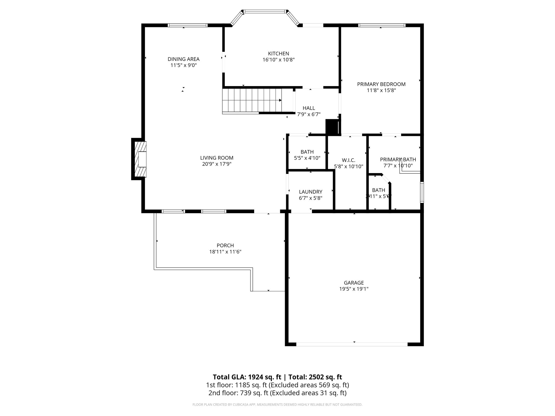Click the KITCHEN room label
pyautogui.click(x=278, y=54)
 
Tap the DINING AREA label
pyautogui.click(x=183, y=59)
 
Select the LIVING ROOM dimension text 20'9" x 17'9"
pyautogui.click(x=217, y=164)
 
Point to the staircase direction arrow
pyautogui.click(x=280, y=100)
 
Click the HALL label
pyautogui.click(x=309, y=108)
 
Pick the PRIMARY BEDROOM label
pyautogui.click(x=381, y=84)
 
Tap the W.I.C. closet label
pyautogui.click(x=348, y=160)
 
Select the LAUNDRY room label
pyautogui.click(x=310, y=192)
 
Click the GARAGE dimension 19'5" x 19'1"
pyautogui.click(x=354, y=289)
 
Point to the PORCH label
pyautogui.click(x=225, y=245)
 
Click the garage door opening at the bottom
pyautogui.click(x=351, y=344)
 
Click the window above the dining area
pyautogui.click(x=187, y=25)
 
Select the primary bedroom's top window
pyautogui.click(x=382, y=25)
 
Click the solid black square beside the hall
pyautogui.click(x=332, y=126)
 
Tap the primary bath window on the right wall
pyautogui.click(x=422, y=192)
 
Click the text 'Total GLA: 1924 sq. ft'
pyautogui.click(x=247, y=377)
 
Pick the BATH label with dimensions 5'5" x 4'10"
pyautogui.click(x=307, y=152)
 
